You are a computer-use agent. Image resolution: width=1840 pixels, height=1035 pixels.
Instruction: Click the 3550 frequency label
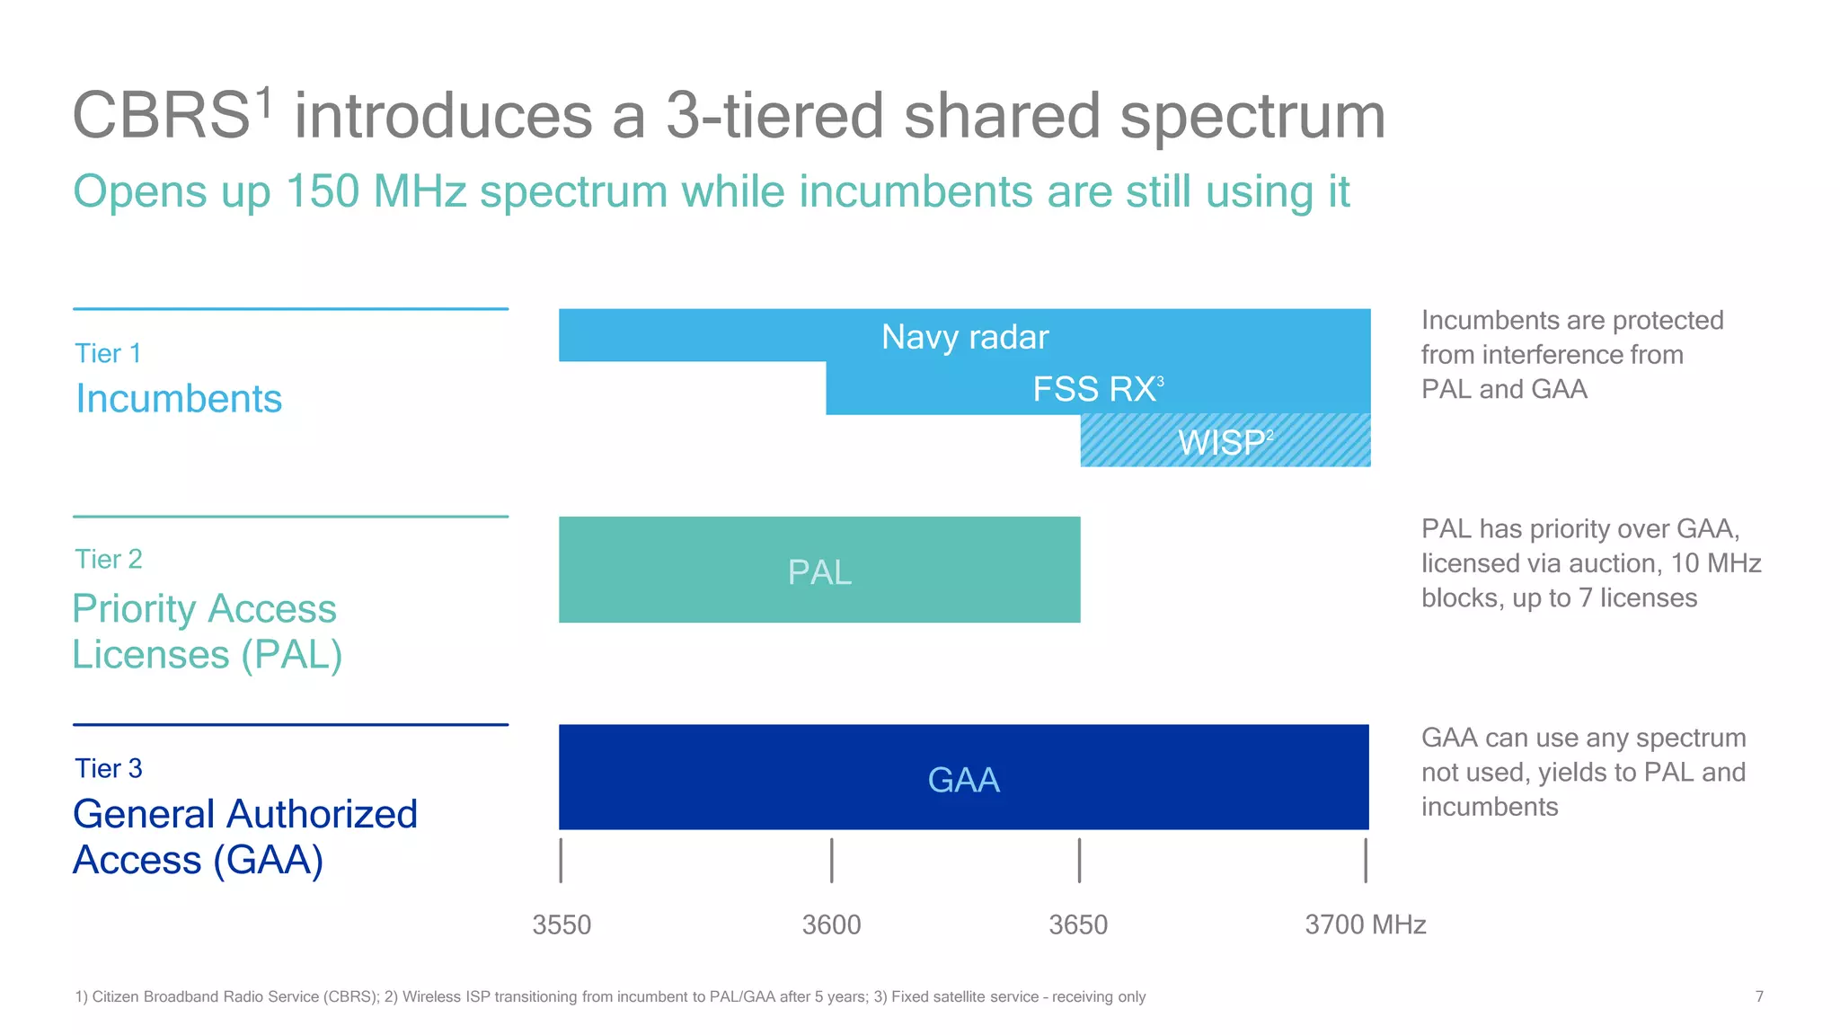click(x=562, y=924)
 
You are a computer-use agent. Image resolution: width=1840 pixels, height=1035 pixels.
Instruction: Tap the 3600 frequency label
click(x=831, y=924)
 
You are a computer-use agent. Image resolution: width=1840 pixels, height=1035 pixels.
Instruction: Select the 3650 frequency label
click(x=1078, y=924)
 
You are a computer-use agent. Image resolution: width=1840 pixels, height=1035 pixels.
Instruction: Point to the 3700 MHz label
click(x=1365, y=924)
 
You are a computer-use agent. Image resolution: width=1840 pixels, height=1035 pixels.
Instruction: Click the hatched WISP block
click(x=1225, y=441)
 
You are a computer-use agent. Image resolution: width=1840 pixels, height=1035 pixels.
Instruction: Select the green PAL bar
click(x=818, y=571)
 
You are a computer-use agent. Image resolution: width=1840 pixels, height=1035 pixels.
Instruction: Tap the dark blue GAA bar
click(x=963, y=778)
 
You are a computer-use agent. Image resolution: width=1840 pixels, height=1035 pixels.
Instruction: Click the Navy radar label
click(x=964, y=337)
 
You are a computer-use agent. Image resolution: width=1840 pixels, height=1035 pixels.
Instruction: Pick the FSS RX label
click(x=1093, y=389)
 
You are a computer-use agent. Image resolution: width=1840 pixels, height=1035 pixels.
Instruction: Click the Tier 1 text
click(x=108, y=353)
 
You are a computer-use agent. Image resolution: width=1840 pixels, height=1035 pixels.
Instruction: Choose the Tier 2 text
click(x=108, y=559)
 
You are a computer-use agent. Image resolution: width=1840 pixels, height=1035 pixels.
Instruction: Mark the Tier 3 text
click(x=108, y=768)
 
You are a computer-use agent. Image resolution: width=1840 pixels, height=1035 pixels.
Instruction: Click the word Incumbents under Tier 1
click(x=178, y=398)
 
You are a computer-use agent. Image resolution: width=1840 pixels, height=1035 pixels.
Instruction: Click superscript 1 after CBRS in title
click(x=263, y=102)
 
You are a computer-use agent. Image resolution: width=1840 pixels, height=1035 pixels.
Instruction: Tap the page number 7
click(x=1758, y=996)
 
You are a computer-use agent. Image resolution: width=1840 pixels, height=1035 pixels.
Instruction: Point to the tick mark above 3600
click(x=831, y=860)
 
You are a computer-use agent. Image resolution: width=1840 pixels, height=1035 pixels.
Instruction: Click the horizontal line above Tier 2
click(x=290, y=517)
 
